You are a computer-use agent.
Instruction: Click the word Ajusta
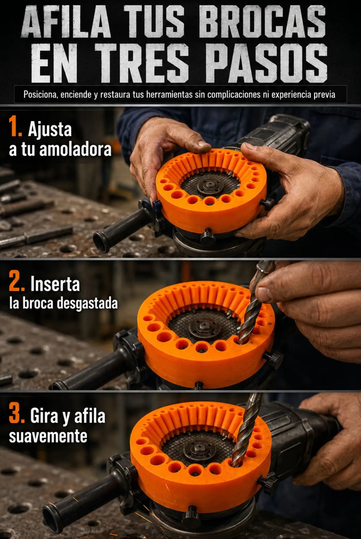tap(50, 130)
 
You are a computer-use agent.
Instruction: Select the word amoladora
tap(75, 150)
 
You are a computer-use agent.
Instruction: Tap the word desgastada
tap(87, 303)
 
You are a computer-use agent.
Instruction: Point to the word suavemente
tap(48, 436)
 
